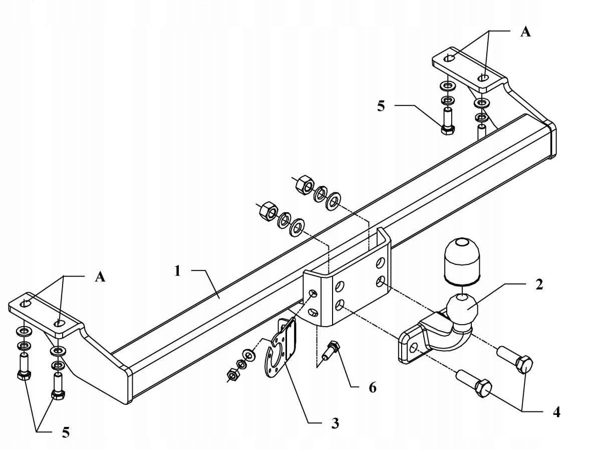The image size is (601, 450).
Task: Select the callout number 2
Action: [x=538, y=284]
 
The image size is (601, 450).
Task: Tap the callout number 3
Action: [x=335, y=423]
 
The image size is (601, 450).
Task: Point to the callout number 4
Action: [x=556, y=412]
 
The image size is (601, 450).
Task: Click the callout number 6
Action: [x=372, y=387]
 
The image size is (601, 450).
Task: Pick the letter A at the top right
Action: [x=525, y=32]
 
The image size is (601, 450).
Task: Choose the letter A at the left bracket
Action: [x=100, y=276]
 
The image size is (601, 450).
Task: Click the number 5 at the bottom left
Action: [x=66, y=432]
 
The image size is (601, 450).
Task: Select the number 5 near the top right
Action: [x=381, y=106]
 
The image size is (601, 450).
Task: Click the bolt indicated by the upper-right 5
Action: [x=448, y=120]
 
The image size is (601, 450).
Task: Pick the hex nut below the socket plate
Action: [x=232, y=374]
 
